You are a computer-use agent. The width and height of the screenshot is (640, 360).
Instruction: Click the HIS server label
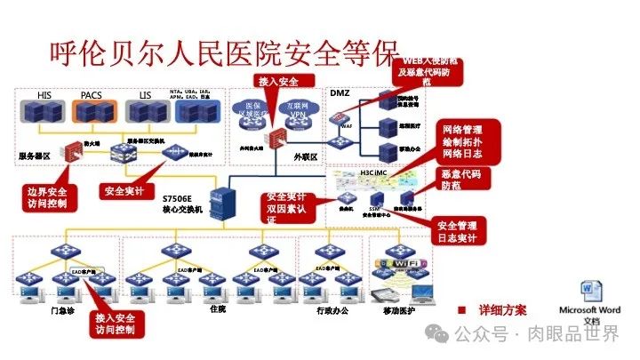[44, 94]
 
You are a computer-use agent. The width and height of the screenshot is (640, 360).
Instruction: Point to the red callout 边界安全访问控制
[48, 196]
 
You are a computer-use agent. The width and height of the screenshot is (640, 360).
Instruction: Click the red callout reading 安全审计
[124, 190]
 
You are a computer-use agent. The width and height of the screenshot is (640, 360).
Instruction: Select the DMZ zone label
[340, 92]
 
